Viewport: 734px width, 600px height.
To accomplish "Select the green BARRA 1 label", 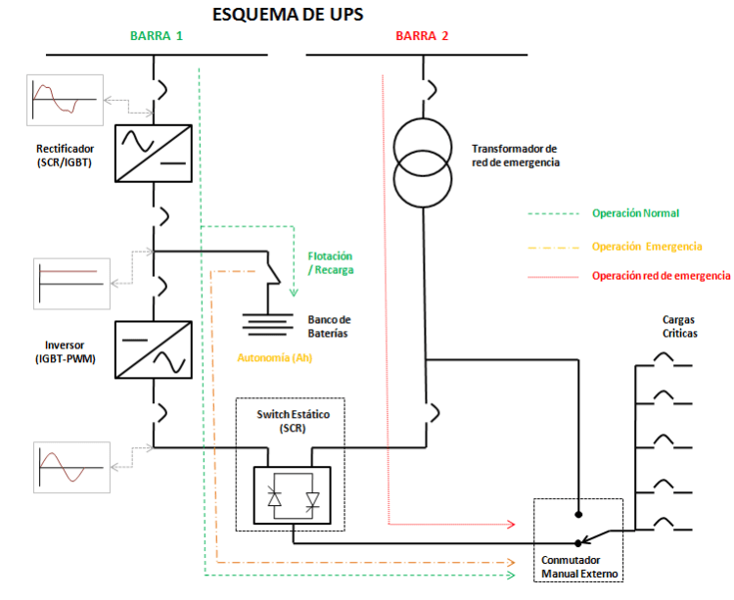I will (157, 36).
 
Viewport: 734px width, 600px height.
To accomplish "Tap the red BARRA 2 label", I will (423, 36).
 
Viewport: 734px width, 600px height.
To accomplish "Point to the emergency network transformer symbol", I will (423, 162).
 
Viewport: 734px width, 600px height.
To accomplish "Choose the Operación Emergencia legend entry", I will (647, 247).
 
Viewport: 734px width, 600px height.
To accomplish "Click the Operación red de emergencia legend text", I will (661, 276).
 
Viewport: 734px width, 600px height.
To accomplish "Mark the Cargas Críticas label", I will (679, 326).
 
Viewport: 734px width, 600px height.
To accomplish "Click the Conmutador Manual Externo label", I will (580, 567).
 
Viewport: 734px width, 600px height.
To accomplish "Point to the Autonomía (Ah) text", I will (280, 358).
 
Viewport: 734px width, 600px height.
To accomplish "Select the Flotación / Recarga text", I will (330, 262).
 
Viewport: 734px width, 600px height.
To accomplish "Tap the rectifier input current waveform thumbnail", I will (66, 100).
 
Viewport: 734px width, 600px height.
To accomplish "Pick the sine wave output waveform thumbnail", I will (70, 467).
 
